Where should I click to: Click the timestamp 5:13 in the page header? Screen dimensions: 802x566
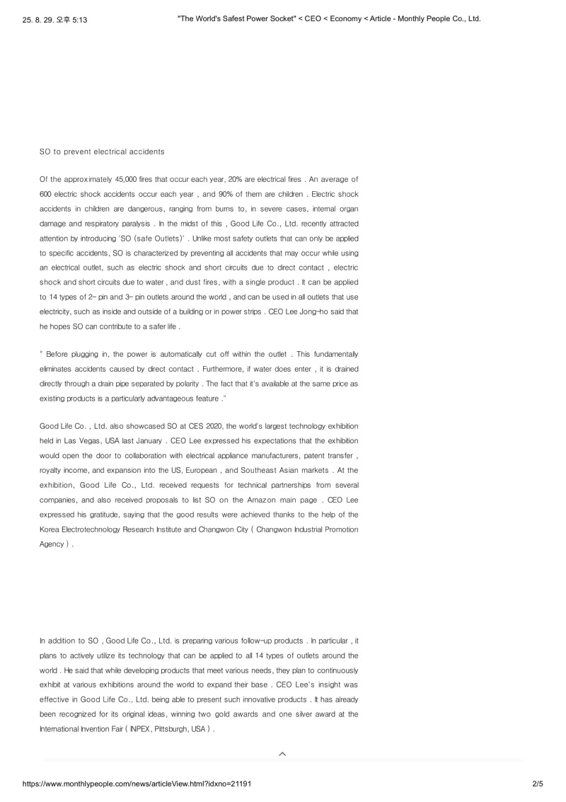point(79,19)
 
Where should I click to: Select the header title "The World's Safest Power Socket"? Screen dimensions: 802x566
point(238,18)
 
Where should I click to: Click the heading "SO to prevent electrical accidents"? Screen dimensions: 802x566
point(102,151)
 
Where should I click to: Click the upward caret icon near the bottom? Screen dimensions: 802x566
point(282,754)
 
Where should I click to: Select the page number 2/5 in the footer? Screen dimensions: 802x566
point(537,784)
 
